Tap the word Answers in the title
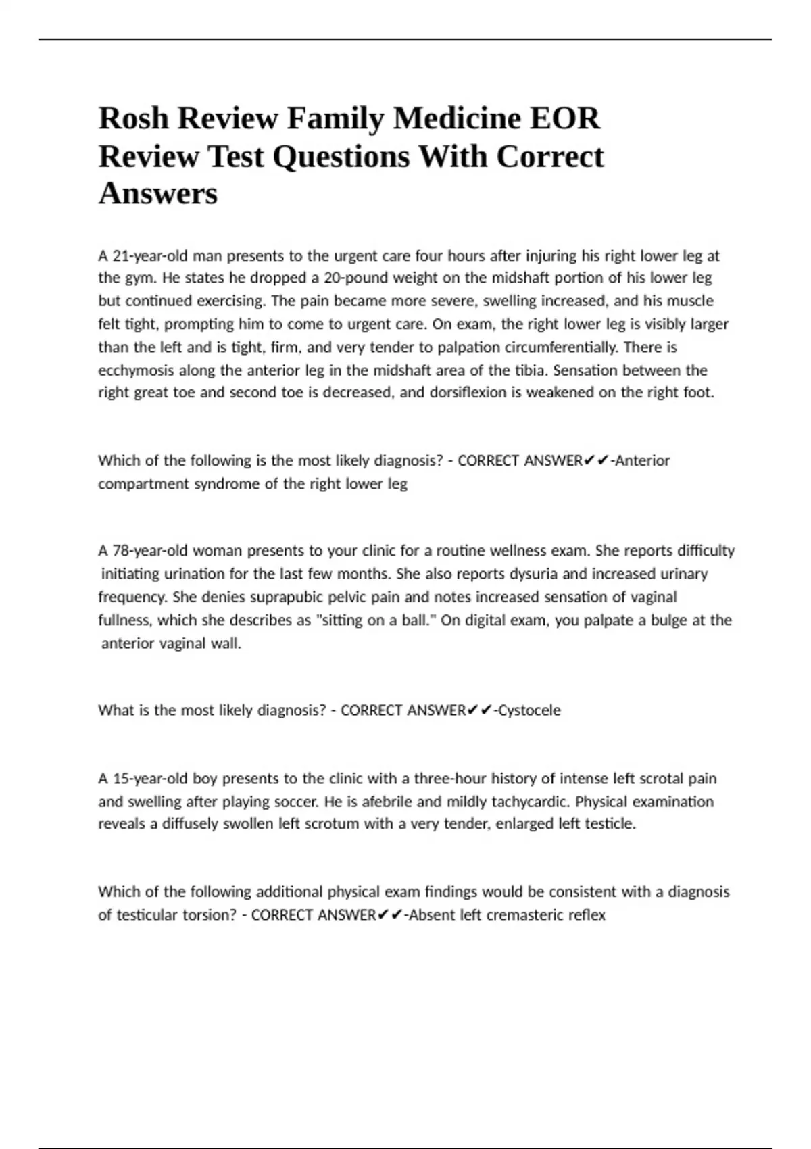(158, 194)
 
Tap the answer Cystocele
(529, 710)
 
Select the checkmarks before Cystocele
(480, 710)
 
